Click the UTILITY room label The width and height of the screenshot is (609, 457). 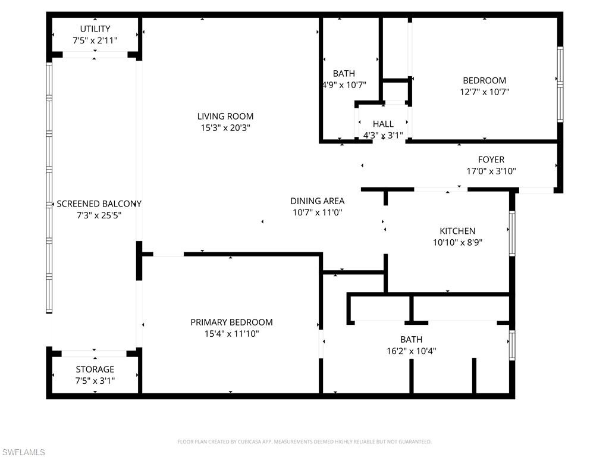95,29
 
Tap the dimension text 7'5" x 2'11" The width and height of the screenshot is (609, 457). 95,40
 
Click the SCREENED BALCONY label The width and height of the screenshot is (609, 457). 99,204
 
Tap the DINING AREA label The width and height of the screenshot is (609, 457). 317,201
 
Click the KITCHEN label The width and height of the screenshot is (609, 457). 457,231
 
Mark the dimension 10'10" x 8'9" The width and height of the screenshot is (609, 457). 457,242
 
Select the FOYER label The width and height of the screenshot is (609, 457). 491,159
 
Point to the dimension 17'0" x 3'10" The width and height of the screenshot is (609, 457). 491,171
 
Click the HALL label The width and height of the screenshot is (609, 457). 383,124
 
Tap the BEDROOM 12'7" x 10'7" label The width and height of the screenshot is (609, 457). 484,80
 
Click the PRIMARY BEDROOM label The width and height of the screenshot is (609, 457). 231,322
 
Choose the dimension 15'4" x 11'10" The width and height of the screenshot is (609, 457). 231,334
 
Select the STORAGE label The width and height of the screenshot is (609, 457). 95,369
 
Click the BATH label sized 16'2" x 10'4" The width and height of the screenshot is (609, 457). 411,339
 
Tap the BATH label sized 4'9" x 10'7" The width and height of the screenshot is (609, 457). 344,73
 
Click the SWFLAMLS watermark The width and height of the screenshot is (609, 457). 23,453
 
